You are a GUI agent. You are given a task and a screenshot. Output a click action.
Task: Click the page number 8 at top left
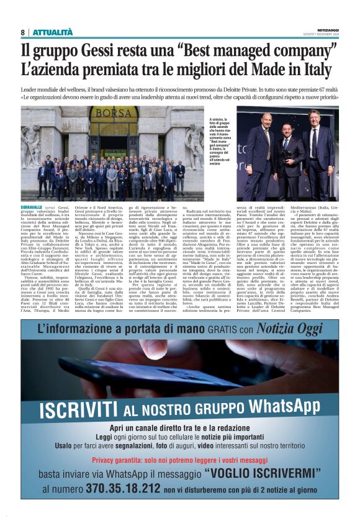point(23,32)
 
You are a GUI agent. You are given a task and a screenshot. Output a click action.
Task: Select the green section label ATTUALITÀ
point(53,32)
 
